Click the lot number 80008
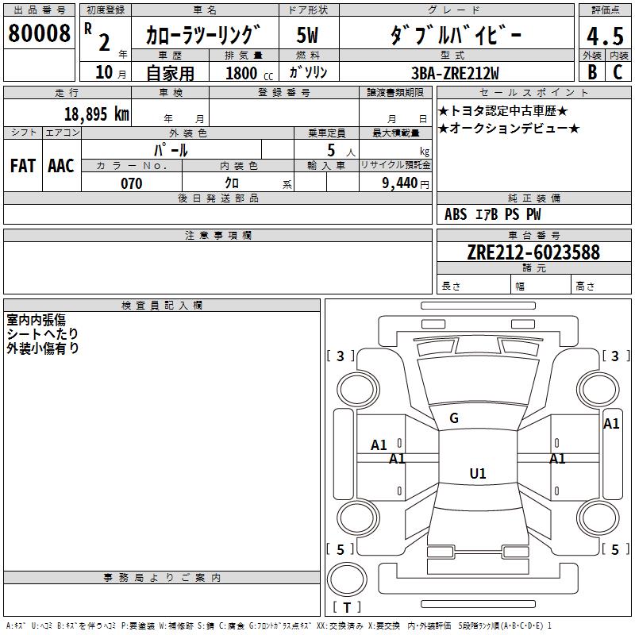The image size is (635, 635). point(39,34)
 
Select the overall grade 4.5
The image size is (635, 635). point(604,37)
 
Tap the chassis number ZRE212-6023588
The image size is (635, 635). point(533,252)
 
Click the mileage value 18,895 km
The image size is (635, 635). point(96,114)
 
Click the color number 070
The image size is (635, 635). point(131,183)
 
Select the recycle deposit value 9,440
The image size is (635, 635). point(401,183)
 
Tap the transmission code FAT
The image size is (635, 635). point(22,166)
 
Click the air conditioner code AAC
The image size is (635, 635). point(61,166)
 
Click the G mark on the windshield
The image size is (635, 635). point(454,418)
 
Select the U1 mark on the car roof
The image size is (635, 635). point(477,474)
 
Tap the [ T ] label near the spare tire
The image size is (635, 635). point(347,607)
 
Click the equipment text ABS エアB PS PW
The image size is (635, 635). point(493,214)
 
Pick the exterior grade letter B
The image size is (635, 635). point(591,71)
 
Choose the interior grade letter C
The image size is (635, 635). point(618,71)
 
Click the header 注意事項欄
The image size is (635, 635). point(217,236)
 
